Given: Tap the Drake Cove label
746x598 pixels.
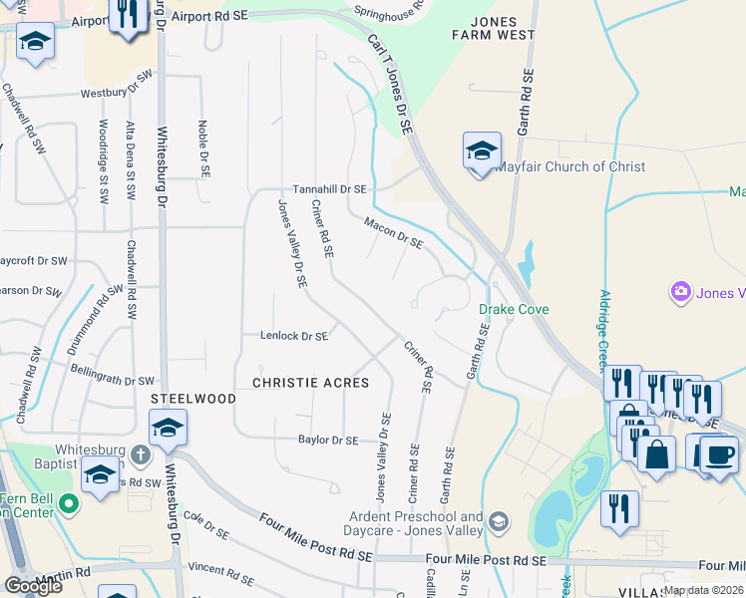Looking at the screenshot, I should pyautogui.click(x=514, y=310).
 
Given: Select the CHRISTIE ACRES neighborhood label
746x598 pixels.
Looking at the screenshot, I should pyautogui.click(x=310, y=383).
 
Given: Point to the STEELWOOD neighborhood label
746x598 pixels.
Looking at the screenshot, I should pyautogui.click(x=193, y=399).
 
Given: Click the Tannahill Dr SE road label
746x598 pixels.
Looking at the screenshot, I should pyautogui.click(x=329, y=189).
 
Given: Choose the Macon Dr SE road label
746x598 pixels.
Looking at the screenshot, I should pyautogui.click(x=394, y=233).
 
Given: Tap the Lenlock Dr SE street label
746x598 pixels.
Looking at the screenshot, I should pyautogui.click(x=294, y=337).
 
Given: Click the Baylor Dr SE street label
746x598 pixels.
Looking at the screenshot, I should pyautogui.click(x=328, y=440).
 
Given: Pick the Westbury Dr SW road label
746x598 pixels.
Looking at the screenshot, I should pyautogui.click(x=117, y=85).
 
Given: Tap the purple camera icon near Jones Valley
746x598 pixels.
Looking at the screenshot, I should pyautogui.click(x=682, y=292).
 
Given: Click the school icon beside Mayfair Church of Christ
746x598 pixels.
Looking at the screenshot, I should pyautogui.click(x=481, y=152).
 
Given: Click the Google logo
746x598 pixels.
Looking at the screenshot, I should pyautogui.click(x=33, y=586).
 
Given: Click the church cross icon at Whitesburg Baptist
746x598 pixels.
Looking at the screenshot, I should pyautogui.click(x=140, y=454).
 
